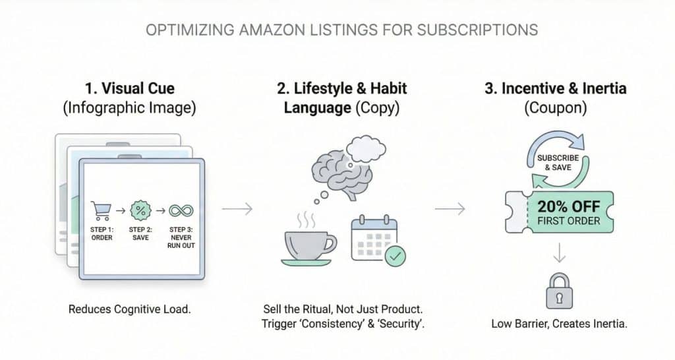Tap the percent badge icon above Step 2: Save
[x=140, y=211]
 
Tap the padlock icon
[x=558, y=289]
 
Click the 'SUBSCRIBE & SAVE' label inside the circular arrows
[x=558, y=163]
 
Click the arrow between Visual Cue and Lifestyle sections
[x=237, y=209]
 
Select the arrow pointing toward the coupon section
[x=450, y=209]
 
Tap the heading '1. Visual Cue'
[x=129, y=88]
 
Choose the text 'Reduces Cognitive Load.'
[x=129, y=309]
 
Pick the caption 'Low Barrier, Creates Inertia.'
[x=558, y=324]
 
